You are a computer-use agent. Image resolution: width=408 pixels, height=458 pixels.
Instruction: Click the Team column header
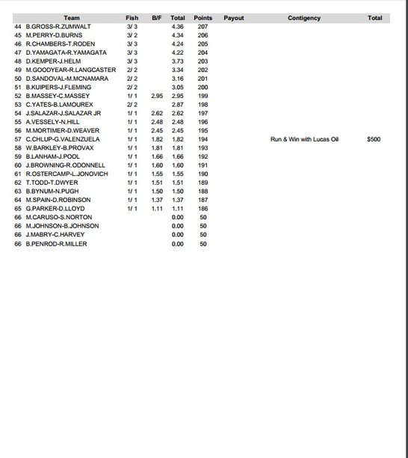(x=72, y=18)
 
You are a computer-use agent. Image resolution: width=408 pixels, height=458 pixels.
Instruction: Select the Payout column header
(x=233, y=18)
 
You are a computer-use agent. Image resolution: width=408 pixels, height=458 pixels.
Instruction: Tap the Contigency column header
(x=303, y=18)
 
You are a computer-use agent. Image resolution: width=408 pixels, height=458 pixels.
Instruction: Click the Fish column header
(x=132, y=18)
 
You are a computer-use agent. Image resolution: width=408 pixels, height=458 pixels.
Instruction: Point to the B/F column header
(x=156, y=18)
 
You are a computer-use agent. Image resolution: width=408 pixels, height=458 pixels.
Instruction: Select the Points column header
(x=203, y=18)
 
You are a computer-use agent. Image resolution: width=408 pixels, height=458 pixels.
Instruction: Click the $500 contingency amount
(x=374, y=139)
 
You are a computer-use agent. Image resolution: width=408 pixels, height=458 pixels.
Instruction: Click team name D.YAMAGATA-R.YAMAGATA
(x=66, y=52)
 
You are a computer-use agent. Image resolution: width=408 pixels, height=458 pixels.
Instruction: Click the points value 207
(x=203, y=27)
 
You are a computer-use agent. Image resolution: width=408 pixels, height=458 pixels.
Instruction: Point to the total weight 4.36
(x=177, y=27)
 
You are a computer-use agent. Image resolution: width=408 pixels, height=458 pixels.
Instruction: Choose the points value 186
(x=203, y=209)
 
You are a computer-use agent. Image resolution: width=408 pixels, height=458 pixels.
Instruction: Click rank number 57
(x=19, y=139)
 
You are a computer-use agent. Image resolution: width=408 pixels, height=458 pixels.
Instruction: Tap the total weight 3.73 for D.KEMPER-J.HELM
(x=177, y=61)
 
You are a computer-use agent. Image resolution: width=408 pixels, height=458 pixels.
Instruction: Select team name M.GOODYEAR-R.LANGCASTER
(x=71, y=70)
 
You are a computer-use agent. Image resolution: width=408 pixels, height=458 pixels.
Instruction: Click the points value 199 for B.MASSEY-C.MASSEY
(x=203, y=96)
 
